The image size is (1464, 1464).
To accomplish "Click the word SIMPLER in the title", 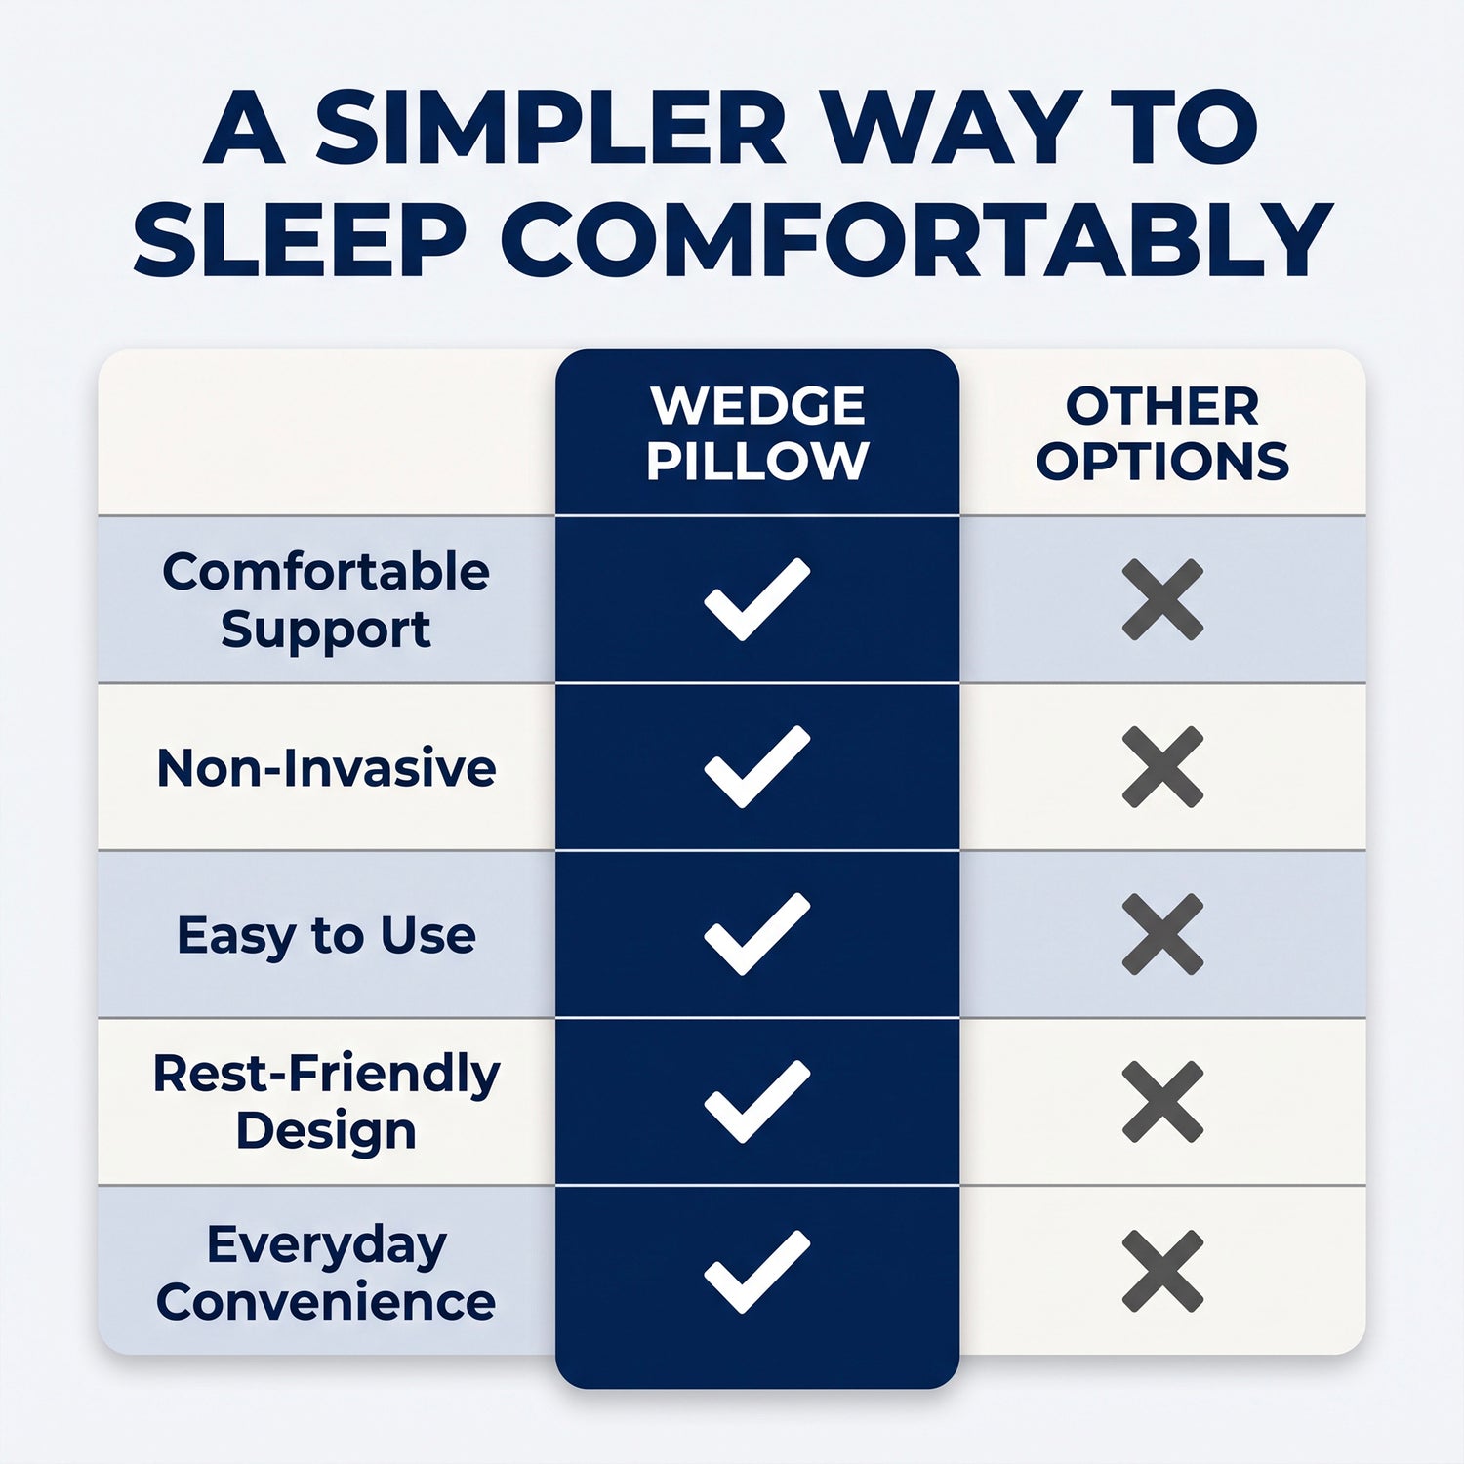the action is [550, 128].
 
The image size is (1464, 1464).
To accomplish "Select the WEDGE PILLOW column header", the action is [757, 433].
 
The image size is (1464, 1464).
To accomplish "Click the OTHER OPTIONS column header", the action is [1162, 433].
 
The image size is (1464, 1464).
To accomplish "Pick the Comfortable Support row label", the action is [326, 599].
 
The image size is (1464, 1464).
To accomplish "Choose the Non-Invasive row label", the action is [326, 768].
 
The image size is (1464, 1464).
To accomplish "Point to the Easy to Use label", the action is [326, 936].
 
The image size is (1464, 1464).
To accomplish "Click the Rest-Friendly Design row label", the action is [326, 1102].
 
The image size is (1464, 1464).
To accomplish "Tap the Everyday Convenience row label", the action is [326, 1273].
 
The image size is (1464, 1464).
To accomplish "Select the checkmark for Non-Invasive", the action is [756, 768].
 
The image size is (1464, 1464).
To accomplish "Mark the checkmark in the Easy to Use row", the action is [756, 935].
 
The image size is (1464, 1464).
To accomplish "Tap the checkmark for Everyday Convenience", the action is [756, 1273].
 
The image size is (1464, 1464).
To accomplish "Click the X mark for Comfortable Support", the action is [1162, 599].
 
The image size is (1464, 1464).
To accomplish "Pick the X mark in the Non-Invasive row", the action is [1162, 767].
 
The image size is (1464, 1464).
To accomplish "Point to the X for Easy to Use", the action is [1162, 934].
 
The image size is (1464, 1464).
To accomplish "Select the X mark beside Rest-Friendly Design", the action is [1162, 1102].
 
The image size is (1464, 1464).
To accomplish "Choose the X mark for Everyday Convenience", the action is [1162, 1271].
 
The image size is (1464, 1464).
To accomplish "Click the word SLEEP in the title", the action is [300, 239].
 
